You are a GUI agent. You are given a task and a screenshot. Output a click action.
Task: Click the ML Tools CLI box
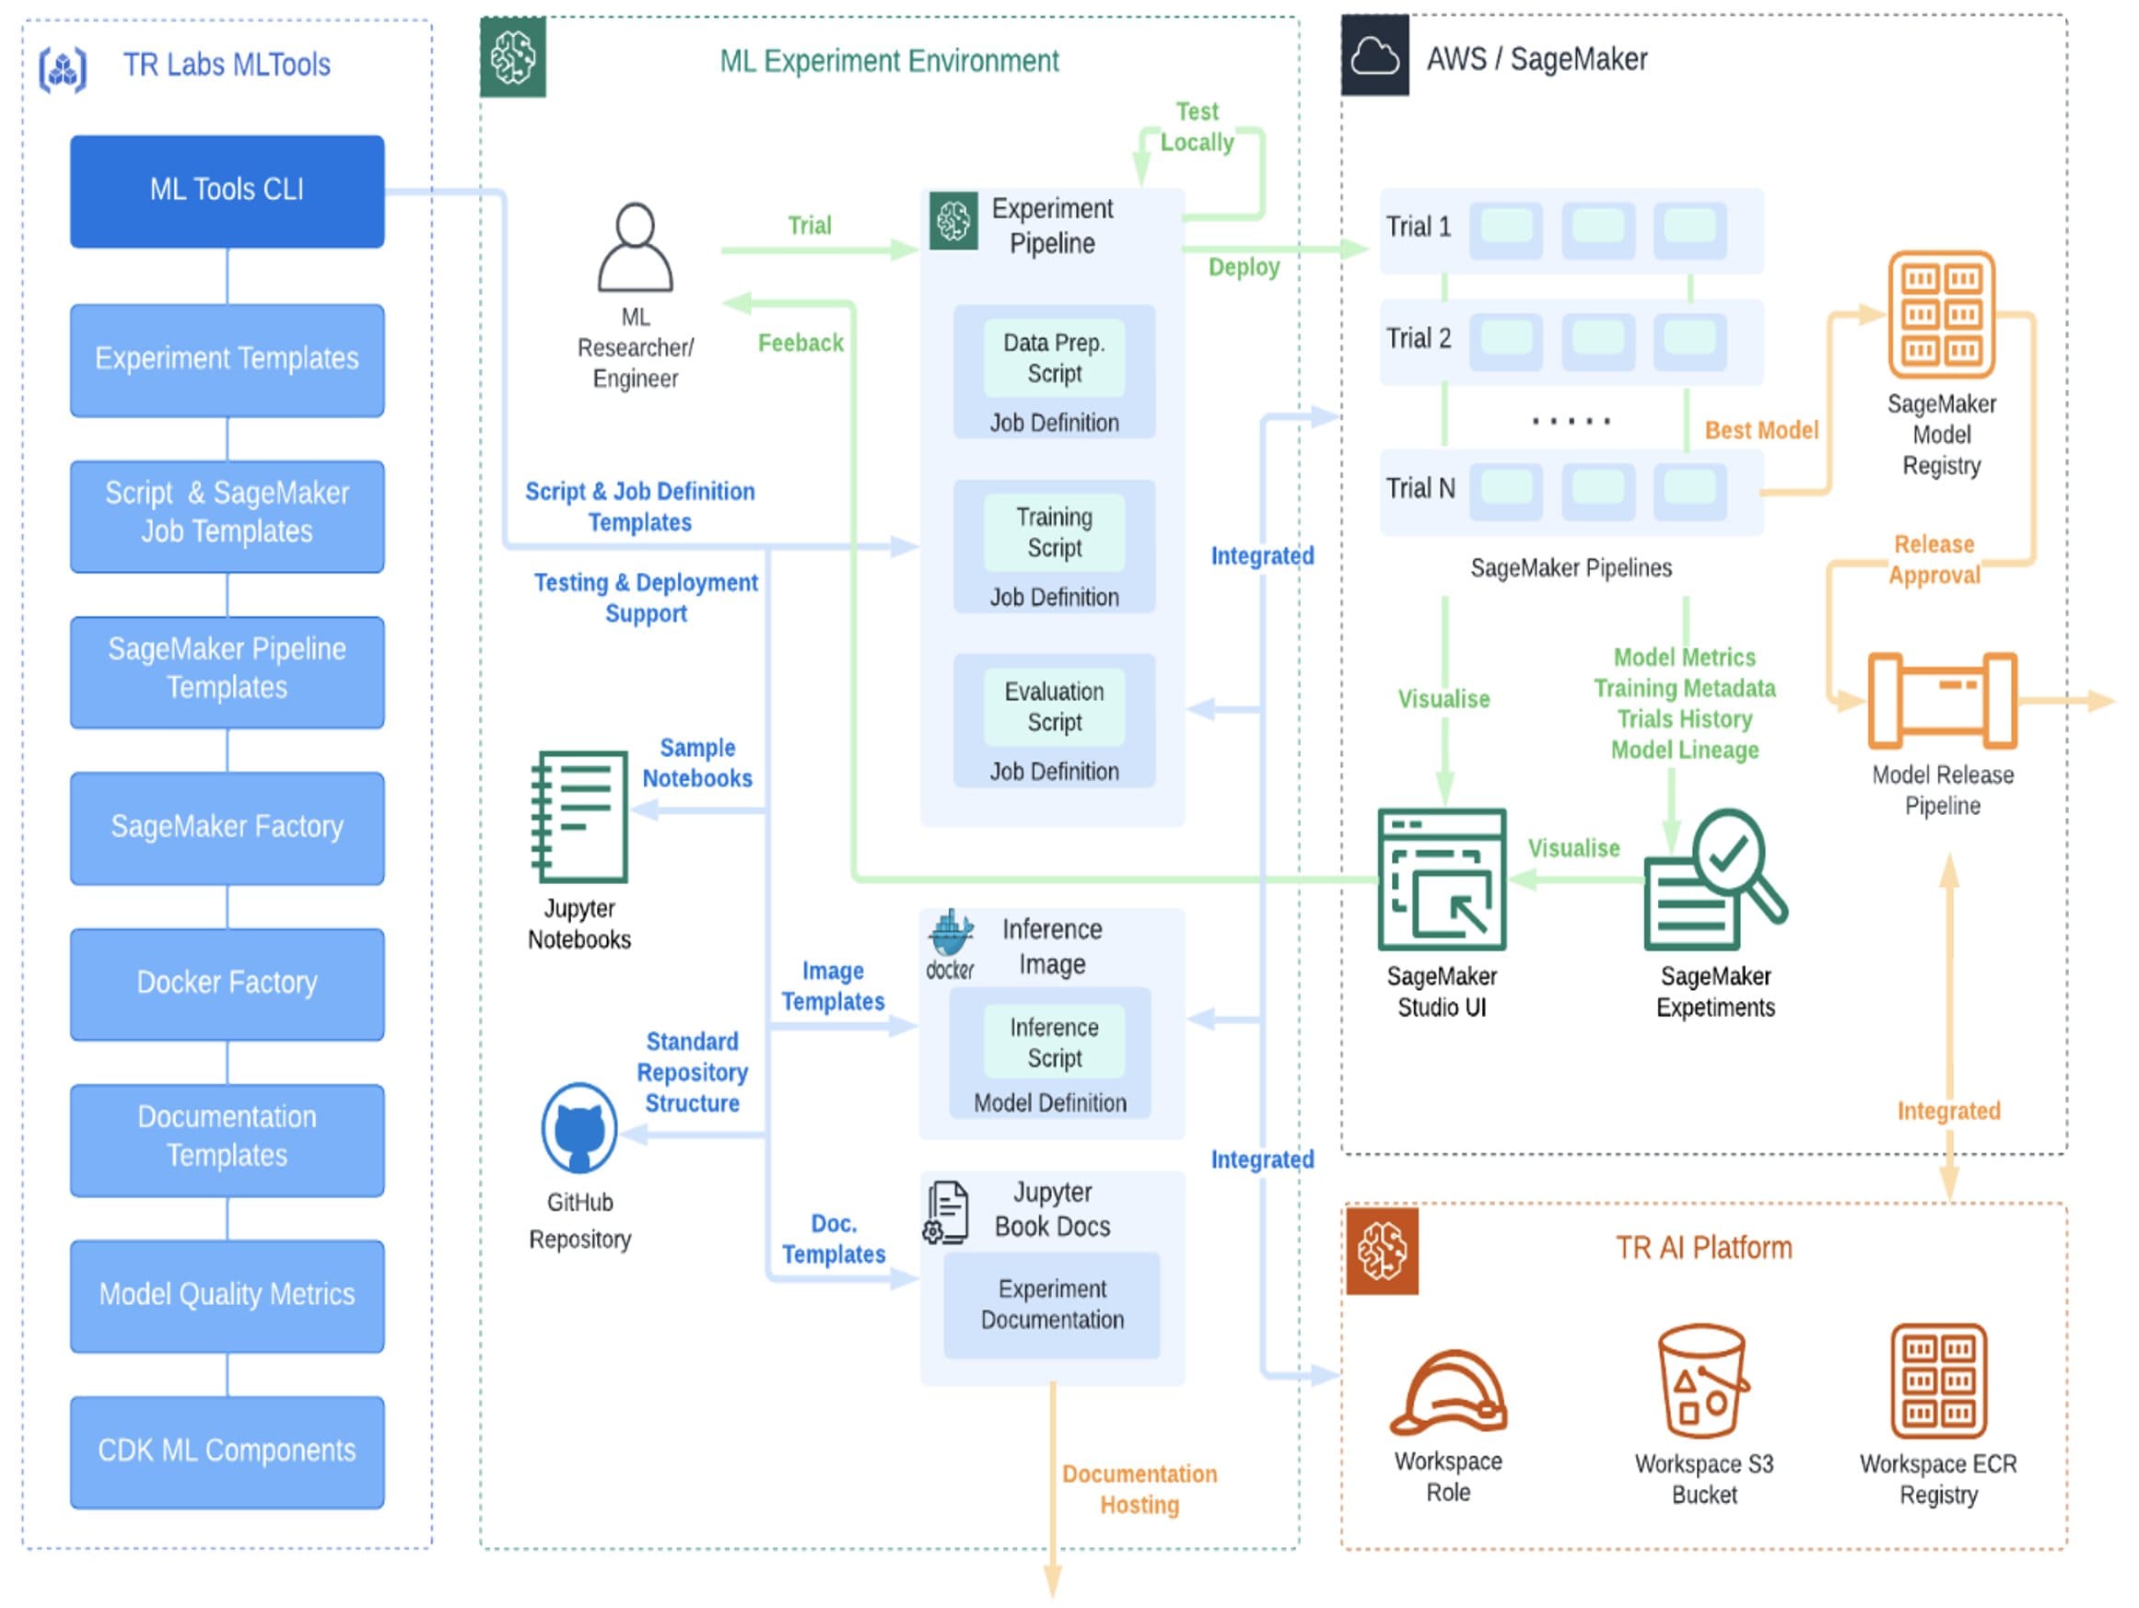pyautogui.click(x=227, y=191)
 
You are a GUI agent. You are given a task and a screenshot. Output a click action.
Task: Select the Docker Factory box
pyautogui.click(x=227, y=984)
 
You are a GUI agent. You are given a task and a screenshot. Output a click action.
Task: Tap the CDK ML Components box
pyautogui.click(x=227, y=1451)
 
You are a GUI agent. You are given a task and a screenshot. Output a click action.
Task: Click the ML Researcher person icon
pyautogui.click(x=635, y=248)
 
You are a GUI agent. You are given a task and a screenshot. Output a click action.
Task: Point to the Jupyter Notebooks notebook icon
pyautogui.click(x=580, y=817)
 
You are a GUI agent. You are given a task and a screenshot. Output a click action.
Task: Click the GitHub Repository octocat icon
pyautogui.click(x=580, y=1127)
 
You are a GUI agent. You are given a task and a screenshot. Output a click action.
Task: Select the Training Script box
pyautogui.click(x=1054, y=533)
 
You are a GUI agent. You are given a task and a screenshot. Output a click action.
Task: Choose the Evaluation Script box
pyautogui.click(x=1054, y=706)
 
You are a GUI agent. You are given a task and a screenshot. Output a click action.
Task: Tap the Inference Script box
pyautogui.click(x=1054, y=1043)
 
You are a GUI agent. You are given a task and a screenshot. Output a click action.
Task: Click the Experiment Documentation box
pyautogui.click(x=1052, y=1304)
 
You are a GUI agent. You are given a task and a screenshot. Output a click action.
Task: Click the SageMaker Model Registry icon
pyautogui.click(x=1941, y=314)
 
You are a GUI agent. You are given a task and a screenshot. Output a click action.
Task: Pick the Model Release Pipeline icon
pyautogui.click(x=1941, y=701)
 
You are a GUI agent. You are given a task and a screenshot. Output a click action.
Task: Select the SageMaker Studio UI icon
pyautogui.click(x=1442, y=879)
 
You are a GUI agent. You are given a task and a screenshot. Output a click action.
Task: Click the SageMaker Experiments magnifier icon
pyautogui.click(x=1715, y=879)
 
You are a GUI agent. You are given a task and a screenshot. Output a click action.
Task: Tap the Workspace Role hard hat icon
pyautogui.click(x=1447, y=1392)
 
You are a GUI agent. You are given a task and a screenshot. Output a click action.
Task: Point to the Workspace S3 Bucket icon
pyautogui.click(x=1703, y=1382)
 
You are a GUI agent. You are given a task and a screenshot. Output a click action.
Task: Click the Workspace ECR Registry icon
pyautogui.click(x=1938, y=1382)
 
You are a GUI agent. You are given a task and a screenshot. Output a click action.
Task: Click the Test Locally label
pyautogui.click(x=1197, y=127)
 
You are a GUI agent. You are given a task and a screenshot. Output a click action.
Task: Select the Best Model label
pyautogui.click(x=1761, y=430)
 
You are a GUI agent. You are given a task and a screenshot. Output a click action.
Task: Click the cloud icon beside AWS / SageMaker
pyautogui.click(x=1374, y=56)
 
